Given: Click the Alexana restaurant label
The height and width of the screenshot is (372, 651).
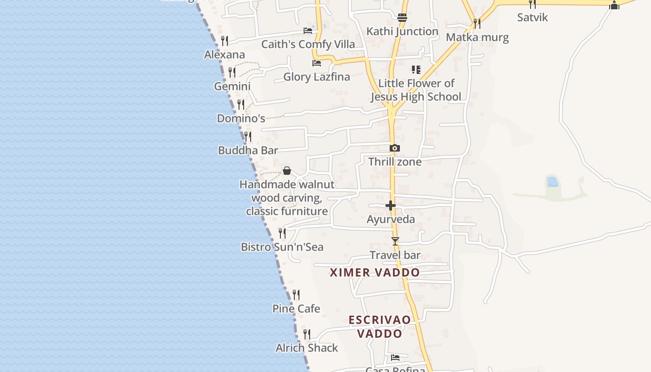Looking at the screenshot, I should [225, 54].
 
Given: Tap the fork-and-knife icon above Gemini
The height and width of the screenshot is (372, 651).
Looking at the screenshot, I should [232, 73].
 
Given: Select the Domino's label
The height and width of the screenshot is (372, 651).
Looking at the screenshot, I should [241, 118].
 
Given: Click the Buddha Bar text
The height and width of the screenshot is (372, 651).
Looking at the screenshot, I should [248, 150].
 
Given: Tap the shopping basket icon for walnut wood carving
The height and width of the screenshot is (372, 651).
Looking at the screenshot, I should [287, 171].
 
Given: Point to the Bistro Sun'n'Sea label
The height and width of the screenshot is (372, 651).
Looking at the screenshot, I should [282, 246].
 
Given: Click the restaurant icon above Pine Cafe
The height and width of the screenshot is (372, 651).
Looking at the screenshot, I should [296, 294].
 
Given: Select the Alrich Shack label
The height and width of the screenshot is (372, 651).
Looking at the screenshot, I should [306, 347].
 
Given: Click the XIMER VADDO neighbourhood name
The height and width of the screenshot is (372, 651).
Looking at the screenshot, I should [375, 272].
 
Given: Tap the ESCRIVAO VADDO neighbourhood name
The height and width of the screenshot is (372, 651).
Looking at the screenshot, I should [380, 326].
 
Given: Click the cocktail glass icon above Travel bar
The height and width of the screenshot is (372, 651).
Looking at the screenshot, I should [395, 241].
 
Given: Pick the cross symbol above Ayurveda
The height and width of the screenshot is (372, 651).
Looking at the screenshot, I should [391, 206].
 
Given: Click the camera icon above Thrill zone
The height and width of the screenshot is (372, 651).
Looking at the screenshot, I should [395, 148].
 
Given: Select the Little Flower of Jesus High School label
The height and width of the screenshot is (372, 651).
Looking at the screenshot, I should [416, 90].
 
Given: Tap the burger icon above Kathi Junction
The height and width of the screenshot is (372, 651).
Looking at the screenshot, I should [402, 18].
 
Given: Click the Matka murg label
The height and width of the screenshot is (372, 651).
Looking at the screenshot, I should [477, 37].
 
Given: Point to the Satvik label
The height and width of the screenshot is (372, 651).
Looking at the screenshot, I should [532, 18].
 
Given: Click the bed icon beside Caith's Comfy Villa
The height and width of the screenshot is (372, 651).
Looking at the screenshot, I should [308, 31].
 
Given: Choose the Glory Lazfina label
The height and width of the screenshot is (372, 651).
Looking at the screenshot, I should [317, 77].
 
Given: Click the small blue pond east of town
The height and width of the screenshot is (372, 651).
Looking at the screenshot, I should [552, 181].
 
